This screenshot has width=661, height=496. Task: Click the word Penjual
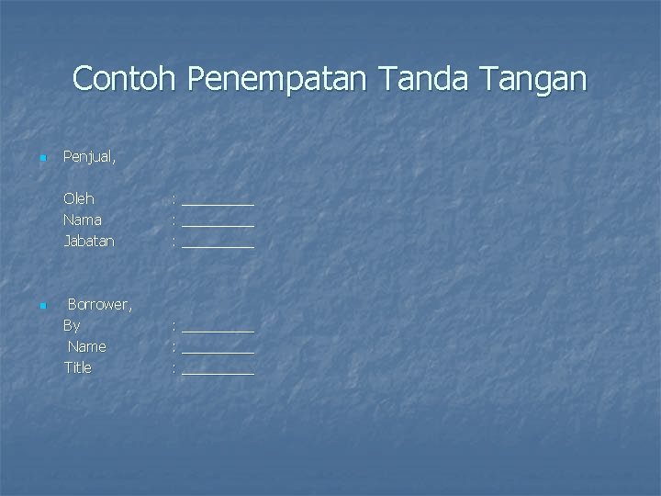tap(89, 157)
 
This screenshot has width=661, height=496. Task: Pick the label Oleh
tap(79, 198)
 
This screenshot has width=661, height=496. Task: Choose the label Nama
tap(83, 220)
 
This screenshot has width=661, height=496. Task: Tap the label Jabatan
tap(89, 241)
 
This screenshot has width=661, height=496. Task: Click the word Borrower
tap(99, 305)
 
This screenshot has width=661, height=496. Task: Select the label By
tap(72, 325)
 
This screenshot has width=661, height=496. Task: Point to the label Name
tap(87, 346)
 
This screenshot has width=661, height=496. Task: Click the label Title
tap(78, 367)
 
